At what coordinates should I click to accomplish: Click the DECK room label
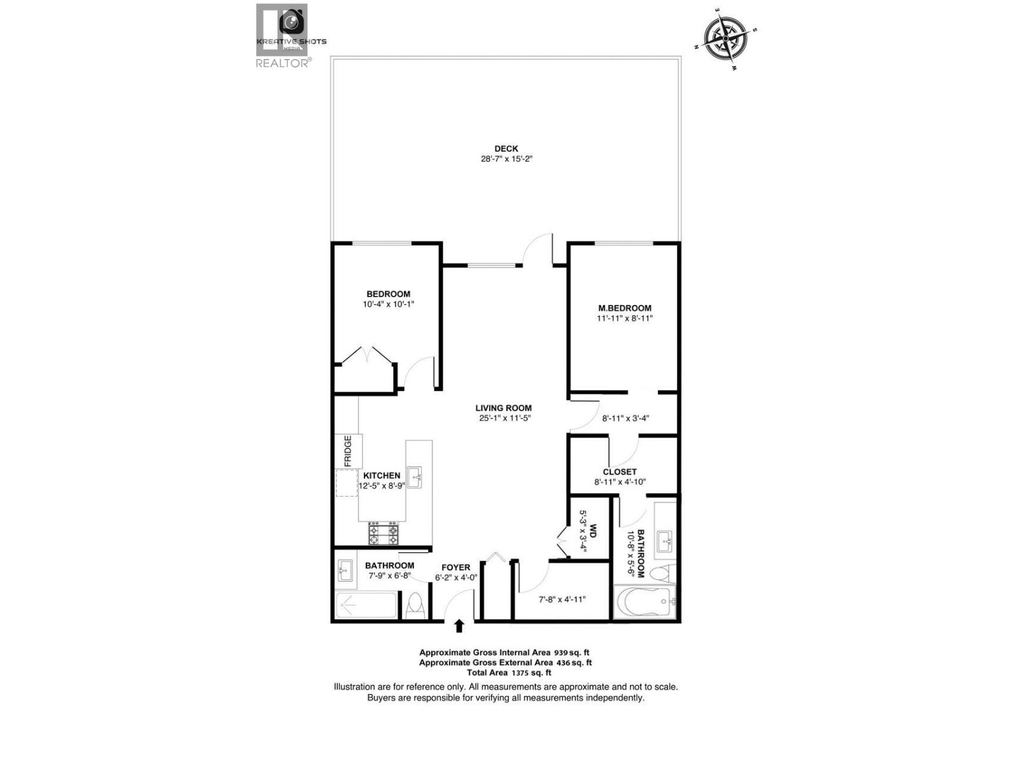tap(506, 149)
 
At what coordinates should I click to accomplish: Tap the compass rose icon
tap(725, 39)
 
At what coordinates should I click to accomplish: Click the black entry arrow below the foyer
tap(459, 626)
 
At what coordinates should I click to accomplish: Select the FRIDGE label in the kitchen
tap(348, 451)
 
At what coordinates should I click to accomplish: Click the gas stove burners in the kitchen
tap(384, 534)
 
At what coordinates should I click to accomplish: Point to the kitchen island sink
tap(415, 477)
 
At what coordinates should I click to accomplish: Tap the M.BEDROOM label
tap(624, 308)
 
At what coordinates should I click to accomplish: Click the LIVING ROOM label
tap(504, 408)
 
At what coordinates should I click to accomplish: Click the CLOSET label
tap(620, 472)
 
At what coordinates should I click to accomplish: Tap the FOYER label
tap(456, 567)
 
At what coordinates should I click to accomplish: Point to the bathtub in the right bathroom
tap(645, 601)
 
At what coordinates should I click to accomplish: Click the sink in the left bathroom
tap(346, 570)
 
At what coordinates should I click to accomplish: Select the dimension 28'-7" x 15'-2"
tap(506, 159)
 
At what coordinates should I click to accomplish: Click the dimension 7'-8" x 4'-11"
tap(562, 599)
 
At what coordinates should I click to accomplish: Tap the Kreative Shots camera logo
tap(291, 23)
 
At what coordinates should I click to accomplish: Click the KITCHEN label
tap(382, 476)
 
